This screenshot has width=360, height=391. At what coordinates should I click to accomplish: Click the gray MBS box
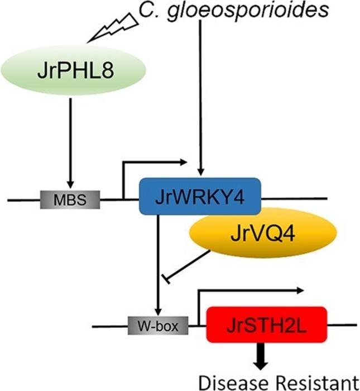(x=70, y=198)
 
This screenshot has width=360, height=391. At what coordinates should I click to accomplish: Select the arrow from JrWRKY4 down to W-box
(x=158, y=263)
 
